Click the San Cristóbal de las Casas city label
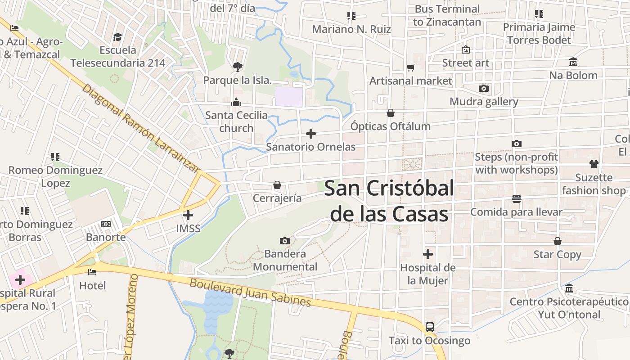pyautogui.click(x=389, y=201)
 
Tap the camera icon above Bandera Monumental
pyautogui.click(x=284, y=241)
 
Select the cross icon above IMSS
pyautogui.click(x=188, y=215)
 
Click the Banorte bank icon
pyautogui.click(x=106, y=224)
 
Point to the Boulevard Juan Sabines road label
pyautogui.click(x=250, y=292)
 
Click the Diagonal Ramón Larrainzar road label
pyautogui.click(x=140, y=128)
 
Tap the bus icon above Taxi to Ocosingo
pyautogui.click(x=430, y=327)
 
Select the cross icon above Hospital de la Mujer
pyautogui.click(x=428, y=254)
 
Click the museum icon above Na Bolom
pyautogui.click(x=573, y=62)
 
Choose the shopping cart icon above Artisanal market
pyautogui.click(x=410, y=68)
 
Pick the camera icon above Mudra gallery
pyautogui.click(x=484, y=88)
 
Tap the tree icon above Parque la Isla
pyautogui.click(x=237, y=67)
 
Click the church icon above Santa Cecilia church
pyautogui.click(x=236, y=103)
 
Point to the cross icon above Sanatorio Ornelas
pyautogui.click(x=310, y=134)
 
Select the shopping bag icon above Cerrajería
pyautogui.click(x=277, y=185)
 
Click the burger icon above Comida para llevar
pyautogui.click(x=516, y=198)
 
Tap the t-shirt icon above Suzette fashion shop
pyautogui.click(x=594, y=164)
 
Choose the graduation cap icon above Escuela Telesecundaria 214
pyautogui.click(x=118, y=36)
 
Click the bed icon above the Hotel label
pyautogui.click(x=92, y=272)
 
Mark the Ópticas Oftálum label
pyautogui.click(x=391, y=126)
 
